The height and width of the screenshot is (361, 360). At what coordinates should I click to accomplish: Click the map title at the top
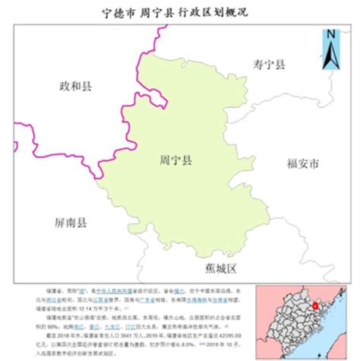(180, 13)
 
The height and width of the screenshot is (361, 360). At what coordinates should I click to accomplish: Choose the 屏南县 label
(71, 223)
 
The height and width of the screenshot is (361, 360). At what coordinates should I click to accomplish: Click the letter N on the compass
(330, 34)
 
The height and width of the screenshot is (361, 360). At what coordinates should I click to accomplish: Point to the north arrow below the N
(330, 57)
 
